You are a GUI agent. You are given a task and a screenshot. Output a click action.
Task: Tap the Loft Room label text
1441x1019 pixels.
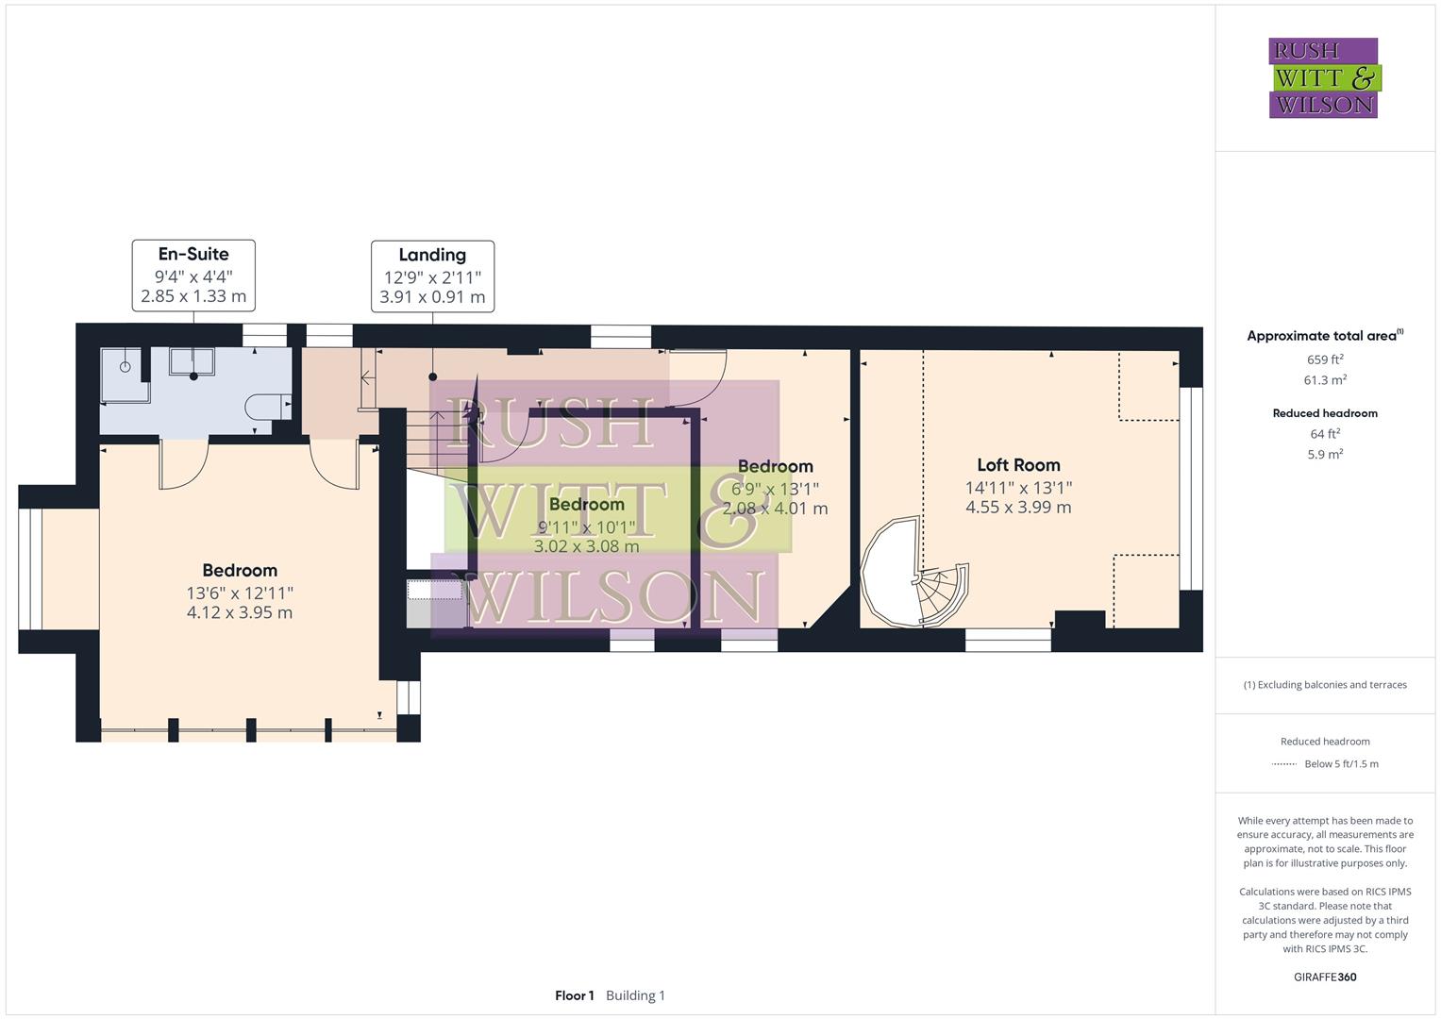(x=1018, y=465)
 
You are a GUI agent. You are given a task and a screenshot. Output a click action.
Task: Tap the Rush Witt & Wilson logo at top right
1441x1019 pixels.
(x=1323, y=77)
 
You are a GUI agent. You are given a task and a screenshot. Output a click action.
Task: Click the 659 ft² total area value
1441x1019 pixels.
(x=1325, y=359)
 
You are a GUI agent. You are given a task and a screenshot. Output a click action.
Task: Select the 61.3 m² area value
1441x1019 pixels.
(x=1325, y=380)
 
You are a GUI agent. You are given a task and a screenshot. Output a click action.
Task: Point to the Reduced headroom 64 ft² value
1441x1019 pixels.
(x=1325, y=434)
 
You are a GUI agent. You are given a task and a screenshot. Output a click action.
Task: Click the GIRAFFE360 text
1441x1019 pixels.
(x=1325, y=977)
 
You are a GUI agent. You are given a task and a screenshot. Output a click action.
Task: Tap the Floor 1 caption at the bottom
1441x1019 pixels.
(x=574, y=995)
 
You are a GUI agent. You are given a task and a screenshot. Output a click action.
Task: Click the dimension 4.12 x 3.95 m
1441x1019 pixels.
(x=240, y=612)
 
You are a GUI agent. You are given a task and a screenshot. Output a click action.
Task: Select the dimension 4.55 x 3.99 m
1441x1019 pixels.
(x=1018, y=508)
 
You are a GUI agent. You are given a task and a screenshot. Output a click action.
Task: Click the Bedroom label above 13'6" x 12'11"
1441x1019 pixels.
(x=240, y=571)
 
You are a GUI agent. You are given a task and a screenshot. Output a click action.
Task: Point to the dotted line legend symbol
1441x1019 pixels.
(x=1284, y=764)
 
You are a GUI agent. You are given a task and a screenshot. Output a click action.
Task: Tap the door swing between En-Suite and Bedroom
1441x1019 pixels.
(x=184, y=465)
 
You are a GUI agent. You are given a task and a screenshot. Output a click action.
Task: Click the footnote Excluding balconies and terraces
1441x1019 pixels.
(x=1325, y=685)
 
